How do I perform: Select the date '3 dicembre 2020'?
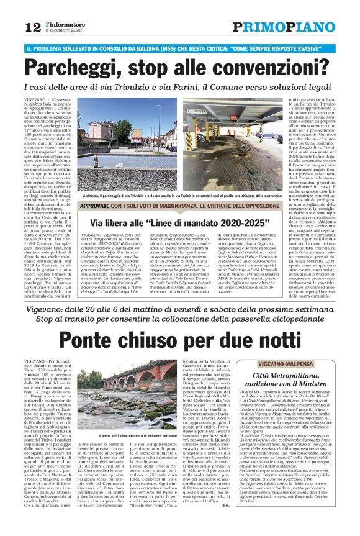point(64,30)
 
